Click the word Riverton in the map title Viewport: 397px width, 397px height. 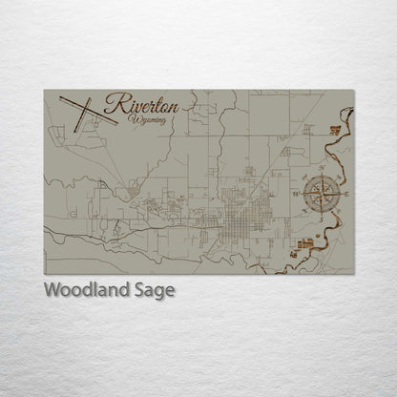136,103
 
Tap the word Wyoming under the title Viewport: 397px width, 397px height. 150,119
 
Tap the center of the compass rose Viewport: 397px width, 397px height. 321,194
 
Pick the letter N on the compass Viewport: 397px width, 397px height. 321,169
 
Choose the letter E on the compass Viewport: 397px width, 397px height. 346,195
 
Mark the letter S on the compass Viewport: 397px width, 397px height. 322,219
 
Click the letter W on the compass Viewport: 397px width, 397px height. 295,194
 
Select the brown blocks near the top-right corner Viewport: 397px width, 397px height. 335,129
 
